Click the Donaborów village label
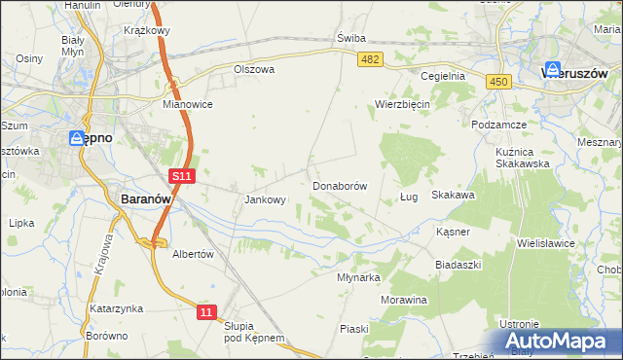pyautogui.click(x=339, y=185)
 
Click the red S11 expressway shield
pyautogui.click(x=182, y=176)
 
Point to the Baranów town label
pyautogui.click(x=145, y=198)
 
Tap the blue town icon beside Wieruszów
pyautogui.click(x=552, y=70)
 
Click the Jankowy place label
pyautogui.click(x=264, y=200)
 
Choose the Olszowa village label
pyautogui.click(x=255, y=70)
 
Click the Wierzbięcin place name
pyautogui.click(x=403, y=104)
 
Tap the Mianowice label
pyautogui.click(x=188, y=103)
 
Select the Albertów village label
pyautogui.click(x=192, y=253)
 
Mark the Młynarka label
pyautogui.click(x=358, y=276)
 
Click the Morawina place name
pyautogui.click(x=404, y=300)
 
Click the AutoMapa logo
pyautogui.click(x=559, y=341)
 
